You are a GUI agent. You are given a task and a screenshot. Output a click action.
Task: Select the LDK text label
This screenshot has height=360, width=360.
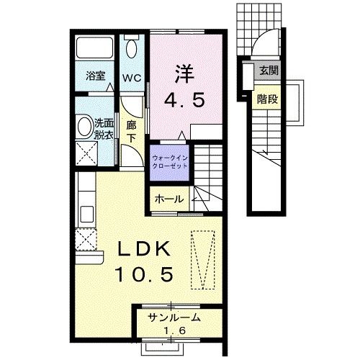pos(143,251)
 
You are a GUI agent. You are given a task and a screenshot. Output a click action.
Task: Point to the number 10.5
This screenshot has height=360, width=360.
pos(144,274)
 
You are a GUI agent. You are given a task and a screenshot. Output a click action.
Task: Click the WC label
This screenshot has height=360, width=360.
pos(130,78)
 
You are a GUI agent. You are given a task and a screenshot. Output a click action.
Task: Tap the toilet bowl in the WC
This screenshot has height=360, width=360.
pos(130,49)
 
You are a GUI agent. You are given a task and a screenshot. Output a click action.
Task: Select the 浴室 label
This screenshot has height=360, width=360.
pos(96,76)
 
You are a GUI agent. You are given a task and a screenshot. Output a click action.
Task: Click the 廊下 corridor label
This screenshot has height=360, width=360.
pos(131,130)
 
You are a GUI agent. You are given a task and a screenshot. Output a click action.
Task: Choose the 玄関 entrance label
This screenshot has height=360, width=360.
pos(269,71)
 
